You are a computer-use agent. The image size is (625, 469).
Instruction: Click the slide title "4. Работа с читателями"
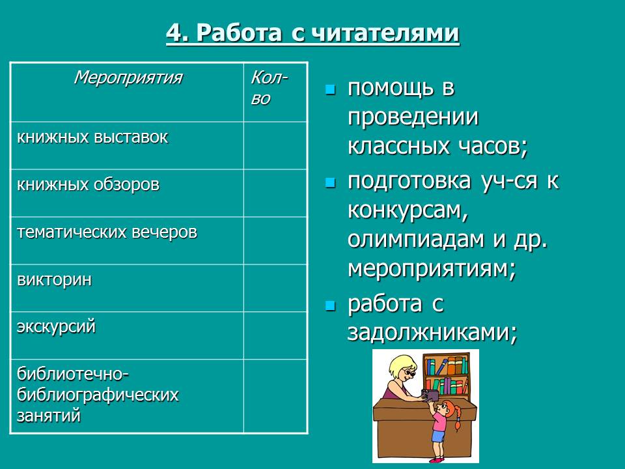tap(312, 33)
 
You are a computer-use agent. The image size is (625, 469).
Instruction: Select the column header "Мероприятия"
tap(128, 78)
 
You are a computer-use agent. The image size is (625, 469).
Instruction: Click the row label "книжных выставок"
tap(92, 137)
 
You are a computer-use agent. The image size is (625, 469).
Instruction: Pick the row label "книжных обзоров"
tap(88, 185)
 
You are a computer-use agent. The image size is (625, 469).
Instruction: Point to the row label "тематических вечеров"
tap(107, 233)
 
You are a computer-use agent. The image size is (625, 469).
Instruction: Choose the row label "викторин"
tap(55, 280)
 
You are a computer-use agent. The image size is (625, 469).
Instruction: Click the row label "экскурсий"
tap(57, 327)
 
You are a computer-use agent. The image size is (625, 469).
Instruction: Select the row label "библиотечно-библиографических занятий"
tap(98, 395)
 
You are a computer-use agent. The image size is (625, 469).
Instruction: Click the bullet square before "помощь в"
tap(330, 89)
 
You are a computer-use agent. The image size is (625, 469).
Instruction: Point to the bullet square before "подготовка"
tap(330, 182)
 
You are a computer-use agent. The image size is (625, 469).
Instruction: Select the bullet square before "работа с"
tap(330, 305)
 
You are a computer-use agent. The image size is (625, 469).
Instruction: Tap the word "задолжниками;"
tap(432, 333)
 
